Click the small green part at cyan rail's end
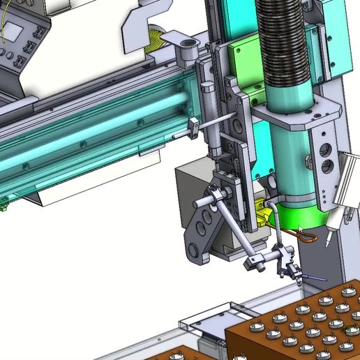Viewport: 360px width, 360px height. [3, 204]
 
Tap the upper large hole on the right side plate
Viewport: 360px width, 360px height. [326, 149]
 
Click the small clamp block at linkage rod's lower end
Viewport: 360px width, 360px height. [254, 264]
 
